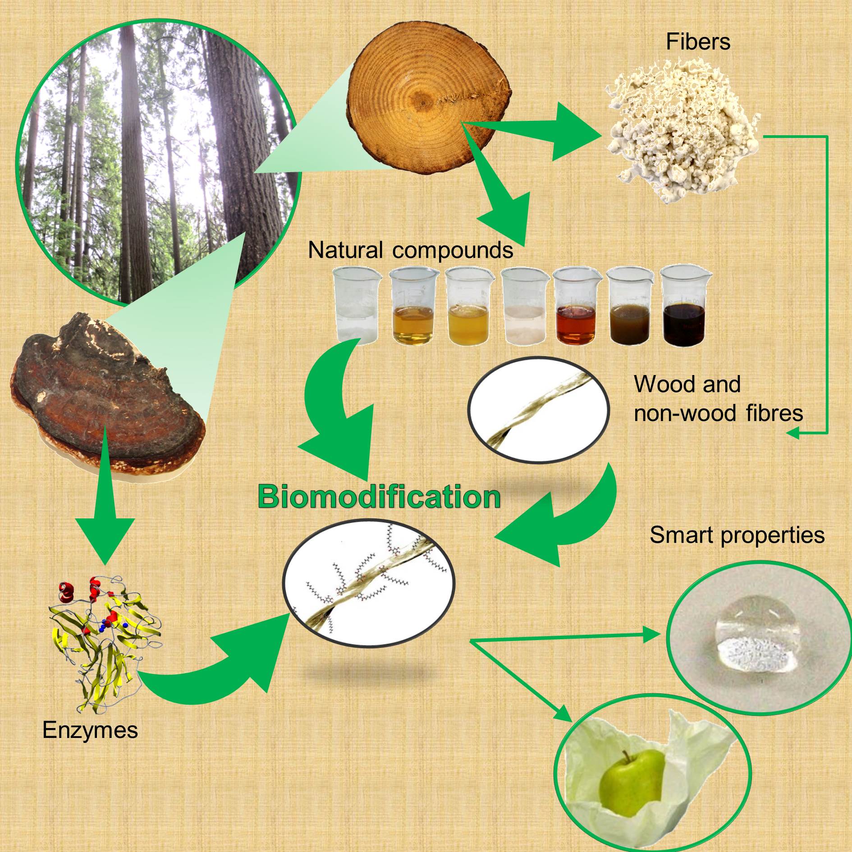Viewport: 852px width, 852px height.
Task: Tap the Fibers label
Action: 698,42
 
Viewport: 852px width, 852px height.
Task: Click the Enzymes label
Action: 90,730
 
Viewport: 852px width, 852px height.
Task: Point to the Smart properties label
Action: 737,535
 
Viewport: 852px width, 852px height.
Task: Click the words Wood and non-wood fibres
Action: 718,399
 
